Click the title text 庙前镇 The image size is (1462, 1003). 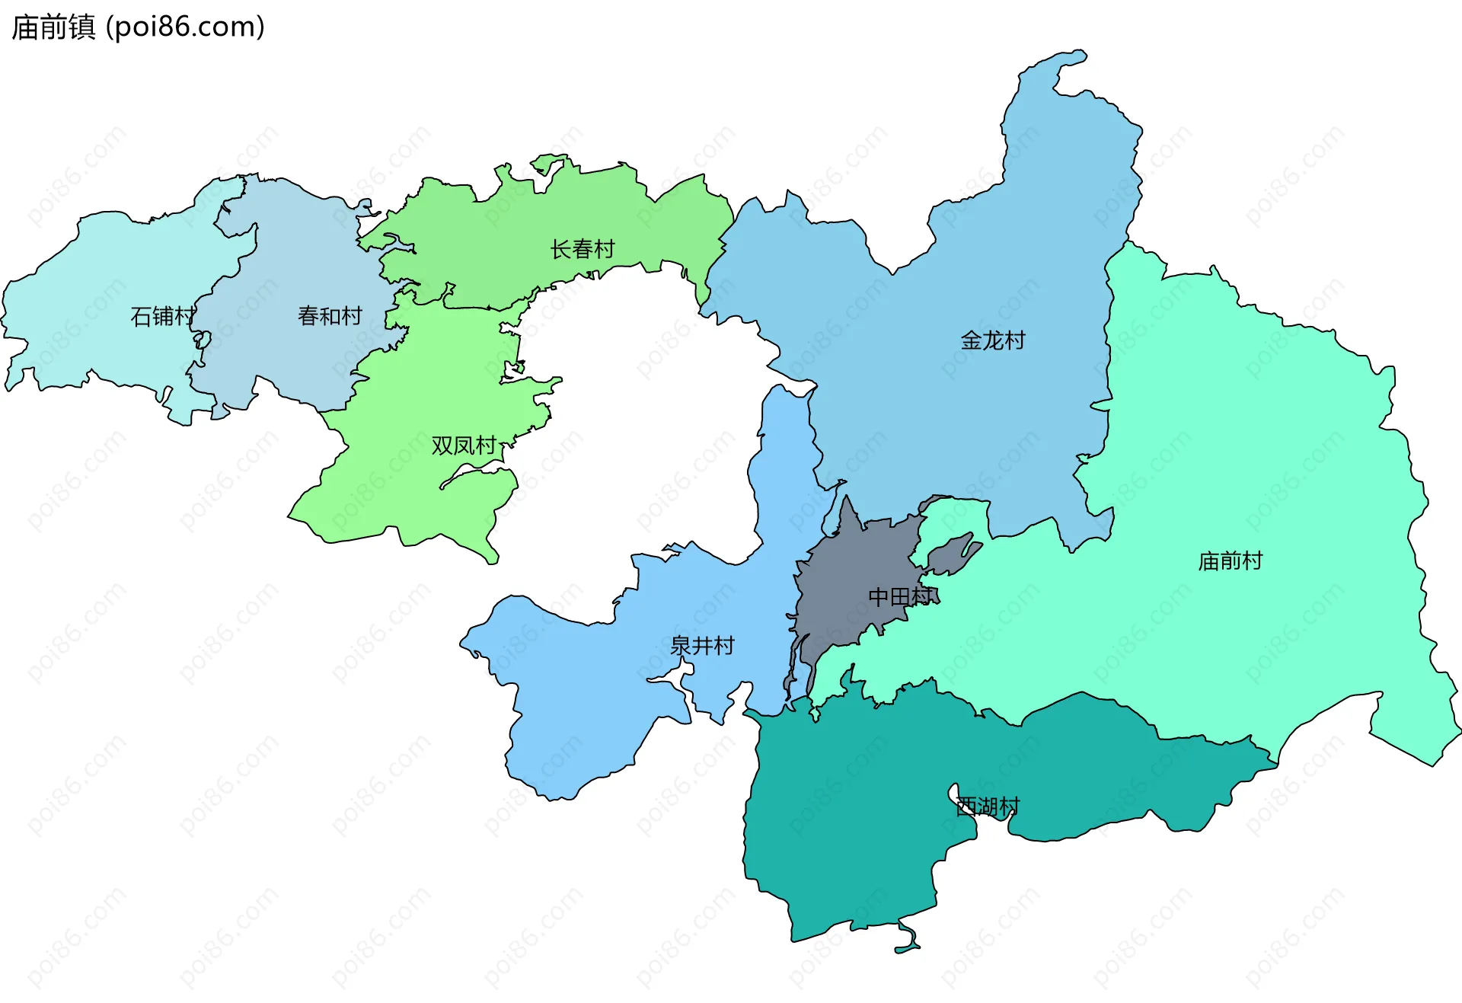(53, 27)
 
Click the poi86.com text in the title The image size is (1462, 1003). (185, 27)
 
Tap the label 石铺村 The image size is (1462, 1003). (162, 316)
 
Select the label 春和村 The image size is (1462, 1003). (329, 316)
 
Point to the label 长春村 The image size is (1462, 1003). (582, 249)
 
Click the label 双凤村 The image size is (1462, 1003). (463, 446)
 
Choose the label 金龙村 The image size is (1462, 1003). (992, 340)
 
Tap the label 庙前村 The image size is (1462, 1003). (1229, 561)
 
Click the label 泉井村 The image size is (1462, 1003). (701, 646)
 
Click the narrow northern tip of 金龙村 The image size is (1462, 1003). (1066, 61)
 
